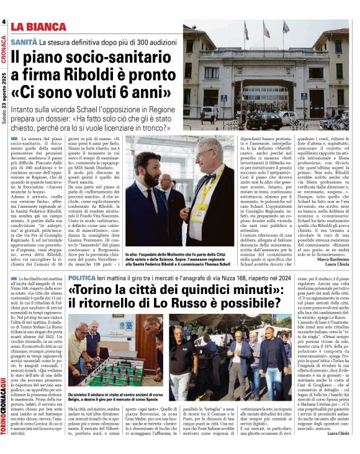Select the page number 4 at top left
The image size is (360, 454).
coord(4,22)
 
